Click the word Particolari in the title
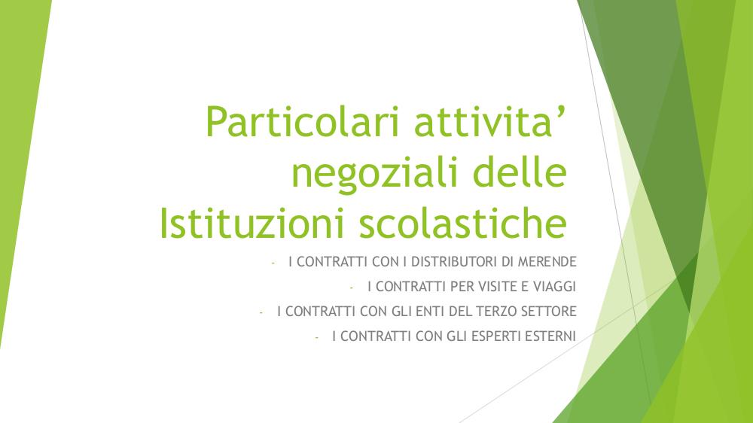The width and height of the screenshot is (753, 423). coord(302,121)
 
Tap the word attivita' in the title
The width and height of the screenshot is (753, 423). coord(489,121)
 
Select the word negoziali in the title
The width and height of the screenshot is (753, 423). coord(374,175)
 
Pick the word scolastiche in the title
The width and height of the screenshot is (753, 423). coord(463,223)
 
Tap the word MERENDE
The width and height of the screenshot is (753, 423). coord(547,262)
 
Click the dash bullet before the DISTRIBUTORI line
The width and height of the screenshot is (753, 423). coord(273,263)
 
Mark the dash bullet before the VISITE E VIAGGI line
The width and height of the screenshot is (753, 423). coord(352,288)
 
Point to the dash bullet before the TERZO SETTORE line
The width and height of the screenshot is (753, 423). coord(261,312)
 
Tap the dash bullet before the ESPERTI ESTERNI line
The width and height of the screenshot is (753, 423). coord(316,337)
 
